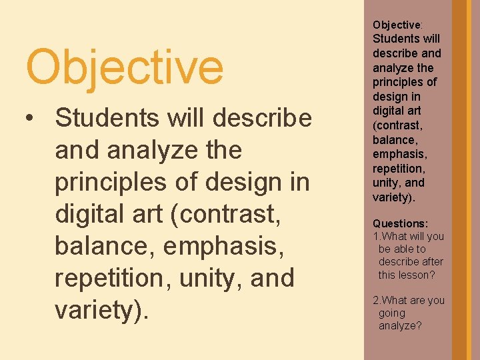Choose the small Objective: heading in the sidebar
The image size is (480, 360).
397,25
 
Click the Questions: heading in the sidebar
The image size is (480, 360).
400,223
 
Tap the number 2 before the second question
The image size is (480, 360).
375,300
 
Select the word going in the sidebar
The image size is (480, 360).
392,313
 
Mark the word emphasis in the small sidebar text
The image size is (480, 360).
399,154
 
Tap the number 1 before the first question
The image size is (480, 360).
375,236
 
